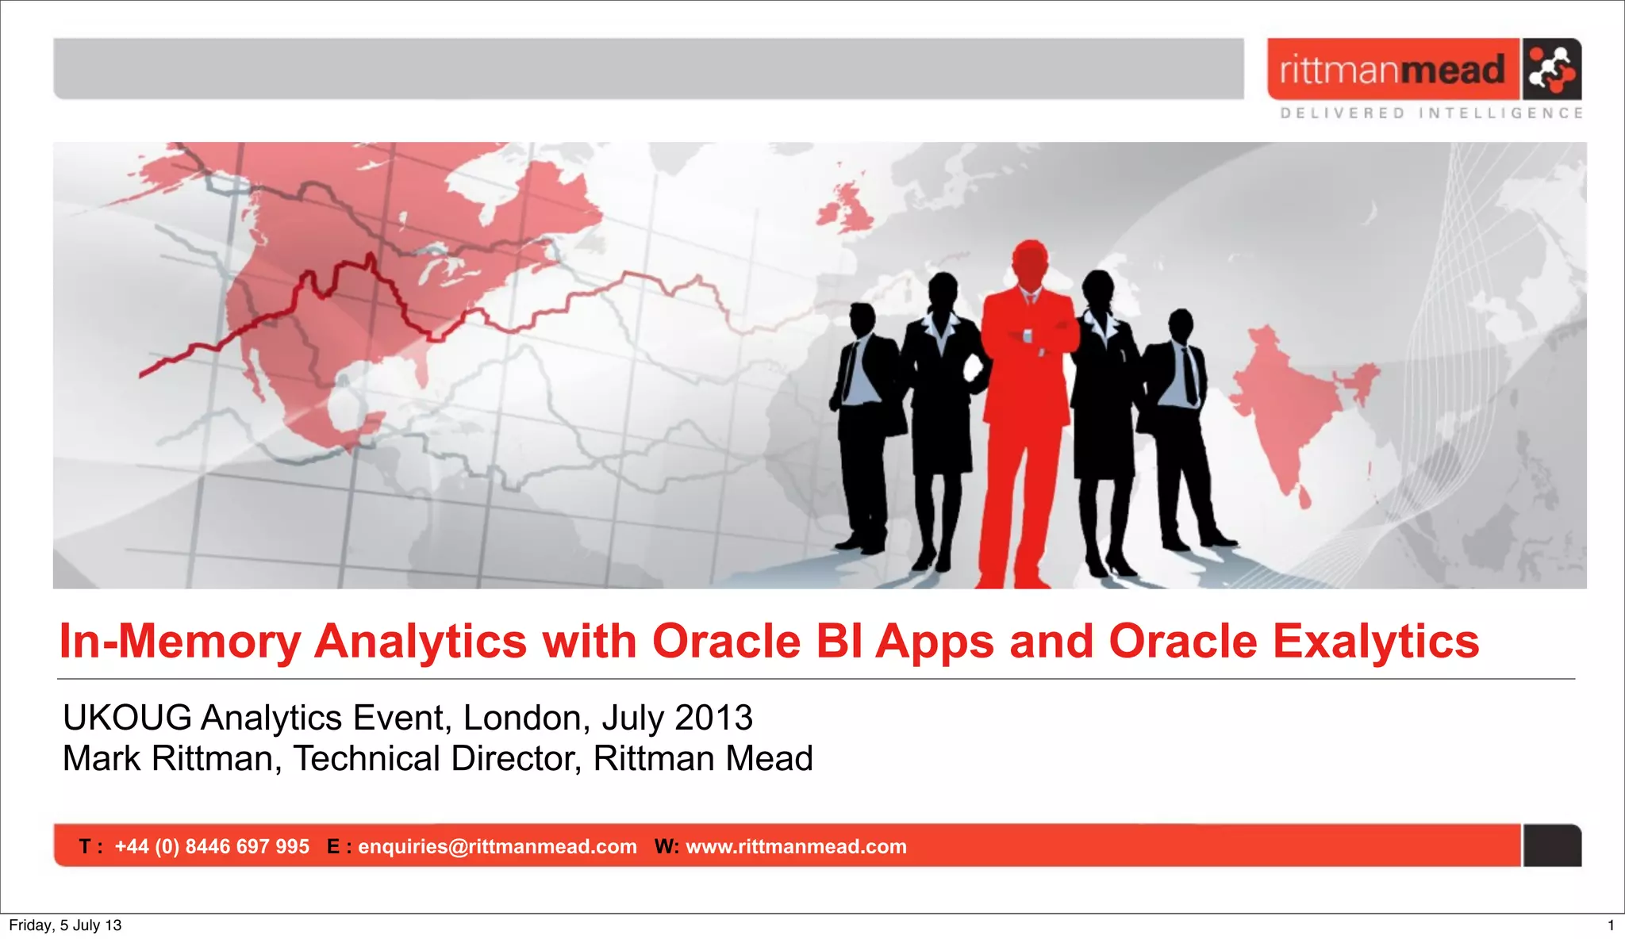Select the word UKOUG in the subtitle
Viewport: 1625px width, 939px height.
(x=127, y=718)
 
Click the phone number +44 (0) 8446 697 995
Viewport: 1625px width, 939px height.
(x=212, y=846)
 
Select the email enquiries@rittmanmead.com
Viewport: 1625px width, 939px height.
(x=497, y=846)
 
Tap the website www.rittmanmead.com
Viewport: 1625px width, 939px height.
(x=796, y=846)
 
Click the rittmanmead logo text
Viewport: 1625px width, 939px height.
(x=1392, y=70)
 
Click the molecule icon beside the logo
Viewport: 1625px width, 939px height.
(x=1551, y=69)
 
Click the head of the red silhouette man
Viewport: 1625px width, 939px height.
(x=1030, y=263)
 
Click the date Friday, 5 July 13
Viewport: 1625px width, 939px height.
(x=65, y=925)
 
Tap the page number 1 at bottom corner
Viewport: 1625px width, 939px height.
(x=1610, y=925)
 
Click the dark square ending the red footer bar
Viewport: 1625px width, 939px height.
(x=1552, y=845)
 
